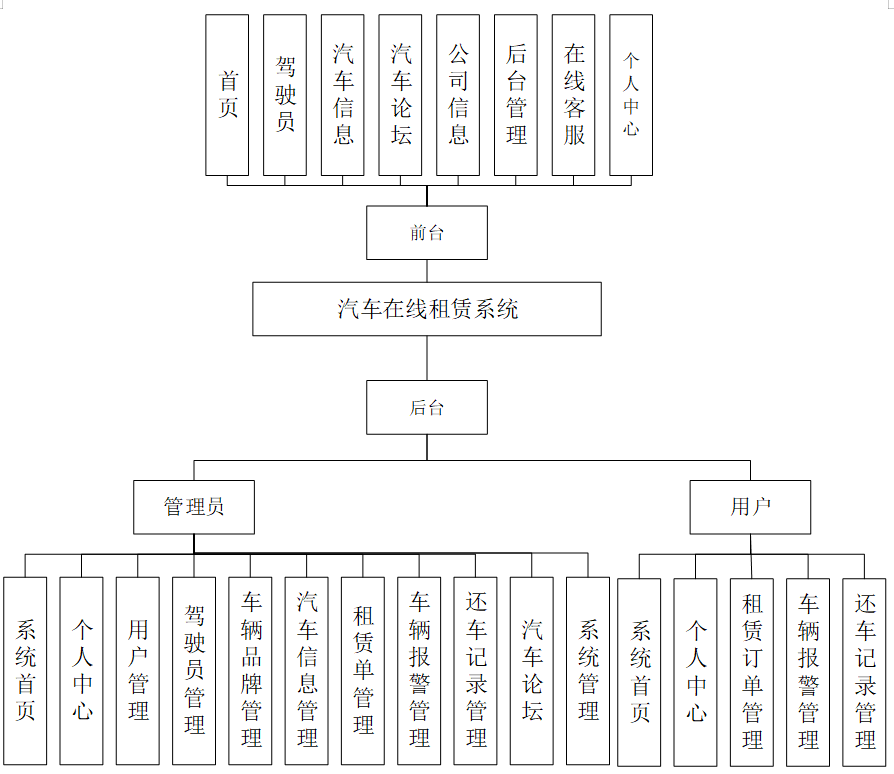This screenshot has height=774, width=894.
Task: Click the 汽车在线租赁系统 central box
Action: [x=427, y=309]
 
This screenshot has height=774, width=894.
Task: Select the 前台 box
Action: [x=427, y=233]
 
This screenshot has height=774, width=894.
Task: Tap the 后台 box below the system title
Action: [x=427, y=407]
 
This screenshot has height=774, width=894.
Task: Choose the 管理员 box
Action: [x=194, y=507]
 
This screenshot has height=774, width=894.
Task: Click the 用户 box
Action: [x=750, y=507]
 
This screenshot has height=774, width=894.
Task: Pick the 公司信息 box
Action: [x=458, y=95]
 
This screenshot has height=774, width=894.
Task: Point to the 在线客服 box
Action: [x=574, y=95]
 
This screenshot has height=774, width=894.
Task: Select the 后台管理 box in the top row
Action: [x=516, y=95]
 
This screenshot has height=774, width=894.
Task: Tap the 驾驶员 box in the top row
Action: [x=285, y=95]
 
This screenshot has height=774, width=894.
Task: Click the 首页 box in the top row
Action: [x=227, y=95]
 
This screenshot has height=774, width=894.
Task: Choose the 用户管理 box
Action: [x=138, y=670]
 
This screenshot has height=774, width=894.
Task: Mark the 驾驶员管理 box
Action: [x=194, y=670]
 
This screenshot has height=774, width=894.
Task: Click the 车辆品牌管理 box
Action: [x=250, y=670]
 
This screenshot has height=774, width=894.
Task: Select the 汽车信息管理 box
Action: [x=307, y=670]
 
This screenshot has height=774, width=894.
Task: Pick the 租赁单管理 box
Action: [x=363, y=670]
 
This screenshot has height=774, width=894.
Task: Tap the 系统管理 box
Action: [x=588, y=670]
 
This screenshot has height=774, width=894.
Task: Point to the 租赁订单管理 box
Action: [x=752, y=670]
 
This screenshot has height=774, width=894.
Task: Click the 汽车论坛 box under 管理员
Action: [x=532, y=670]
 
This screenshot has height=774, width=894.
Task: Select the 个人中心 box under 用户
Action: [x=696, y=670]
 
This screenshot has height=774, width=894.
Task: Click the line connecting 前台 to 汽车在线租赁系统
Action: [x=427, y=271]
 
